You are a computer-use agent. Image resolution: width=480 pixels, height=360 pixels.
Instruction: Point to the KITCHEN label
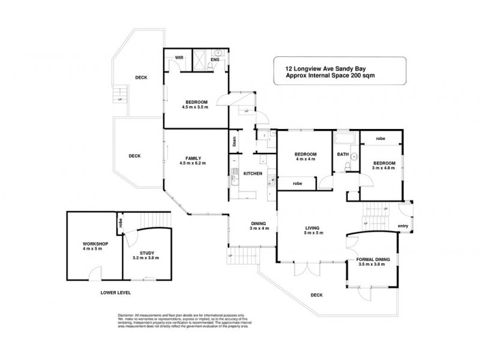tap(252, 173)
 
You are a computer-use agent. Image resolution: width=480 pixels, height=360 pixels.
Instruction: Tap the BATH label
tap(342, 155)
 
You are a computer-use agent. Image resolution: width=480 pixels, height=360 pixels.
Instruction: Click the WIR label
tap(178, 58)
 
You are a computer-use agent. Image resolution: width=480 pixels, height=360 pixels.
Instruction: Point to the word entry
tap(403, 226)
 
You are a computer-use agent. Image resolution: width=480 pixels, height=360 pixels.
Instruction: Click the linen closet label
tap(233, 142)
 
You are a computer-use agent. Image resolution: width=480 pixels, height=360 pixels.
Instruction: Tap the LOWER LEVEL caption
tap(116, 292)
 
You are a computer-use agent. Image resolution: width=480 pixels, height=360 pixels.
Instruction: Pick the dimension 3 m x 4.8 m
tap(384, 168)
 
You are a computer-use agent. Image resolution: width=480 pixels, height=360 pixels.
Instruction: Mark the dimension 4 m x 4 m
tap(304, 159)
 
